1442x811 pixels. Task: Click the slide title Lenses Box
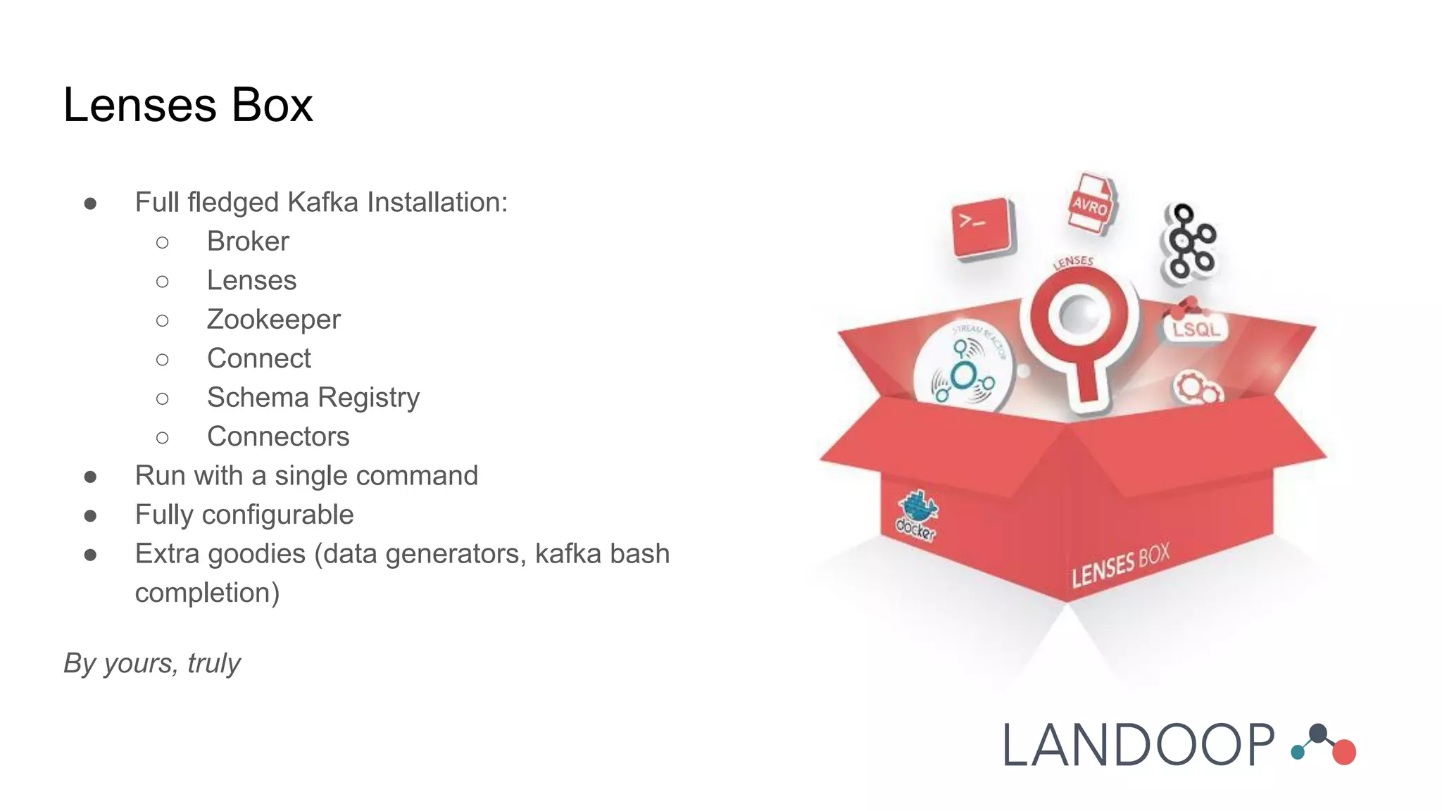click(188, 106)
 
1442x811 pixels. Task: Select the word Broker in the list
click(248, 241)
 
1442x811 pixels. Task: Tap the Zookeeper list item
click(273, 320)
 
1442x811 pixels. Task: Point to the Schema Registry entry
click(313, 398)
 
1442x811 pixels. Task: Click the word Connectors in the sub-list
click(278, 437)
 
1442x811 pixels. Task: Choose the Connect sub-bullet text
click(258, 359)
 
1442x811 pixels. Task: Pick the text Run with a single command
click(306, 476)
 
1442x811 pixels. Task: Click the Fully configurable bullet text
click(244, 515)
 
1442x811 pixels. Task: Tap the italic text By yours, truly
click(152, 663)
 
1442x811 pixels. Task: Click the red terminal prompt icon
click(981, 227)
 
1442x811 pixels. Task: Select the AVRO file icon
click(1090, 204)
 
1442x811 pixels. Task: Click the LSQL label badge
click(1196, 328)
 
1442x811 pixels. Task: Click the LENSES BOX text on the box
click(1120, 565)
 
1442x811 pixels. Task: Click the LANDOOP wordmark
click(1138, 746)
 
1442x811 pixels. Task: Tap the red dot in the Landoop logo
click(1343, 752)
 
